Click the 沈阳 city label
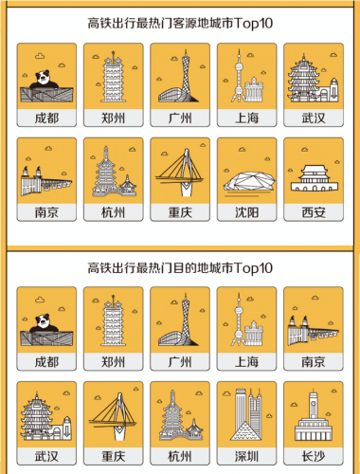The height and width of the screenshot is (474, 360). pyautogui.click(x=246, y=212)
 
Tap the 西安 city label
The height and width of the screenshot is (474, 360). pyautogui.click(x=313, y=212)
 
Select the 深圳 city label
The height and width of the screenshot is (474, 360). pyautogui.click(x=246, y=457)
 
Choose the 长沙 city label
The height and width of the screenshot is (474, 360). pyautogui.click(x=313, y=457)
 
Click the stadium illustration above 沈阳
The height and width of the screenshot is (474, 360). pyautogui.click(x=246, y=175)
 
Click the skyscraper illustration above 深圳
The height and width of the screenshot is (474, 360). pyautogui.click(x=246, y=419)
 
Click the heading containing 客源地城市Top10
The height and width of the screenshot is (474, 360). pyautogui.click(x=180, y=20)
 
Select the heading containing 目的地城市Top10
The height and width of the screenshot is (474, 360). pyautogui.click(x=180, y=266)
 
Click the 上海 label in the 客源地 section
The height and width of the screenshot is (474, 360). pyautogui.click(x=246, y=118)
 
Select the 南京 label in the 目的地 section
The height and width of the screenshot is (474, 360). pyautogui.click(x=313, y=362)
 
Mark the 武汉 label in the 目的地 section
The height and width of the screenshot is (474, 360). pyautogui.click(x=47, y=457)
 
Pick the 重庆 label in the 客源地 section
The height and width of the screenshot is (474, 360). pyautogui.click(x=180, y=212)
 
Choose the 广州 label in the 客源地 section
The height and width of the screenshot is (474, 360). pyautogui.click(x=180, y=118)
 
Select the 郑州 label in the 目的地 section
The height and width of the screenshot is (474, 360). pyautogui.click(x=114, y=362)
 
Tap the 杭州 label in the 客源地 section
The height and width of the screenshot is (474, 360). pyautogui.click(x=114, y=212)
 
